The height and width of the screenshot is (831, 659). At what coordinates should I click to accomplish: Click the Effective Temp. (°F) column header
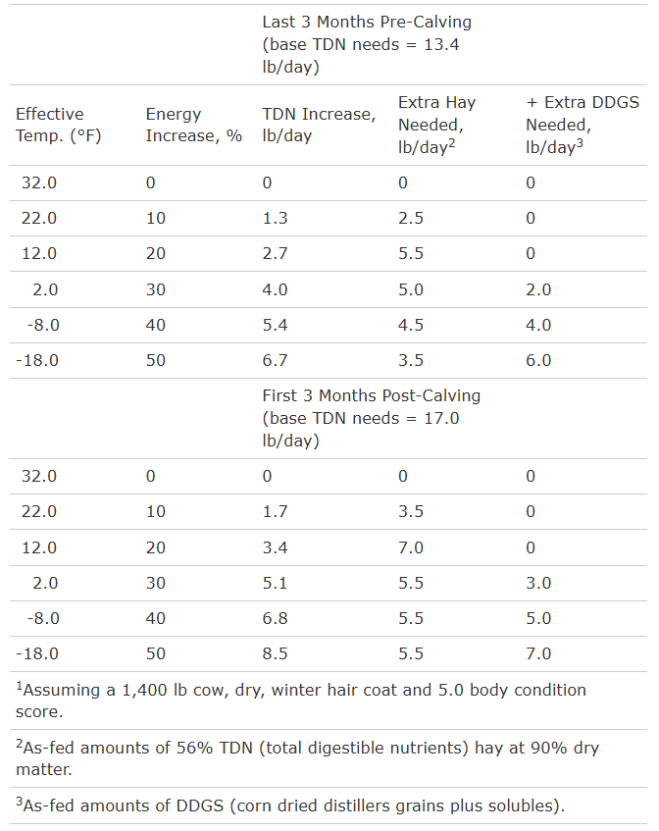(50, 125)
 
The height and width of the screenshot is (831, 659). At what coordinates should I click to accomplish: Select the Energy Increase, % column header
(193, 125)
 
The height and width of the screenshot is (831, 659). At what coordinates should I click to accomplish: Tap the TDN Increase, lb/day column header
(318, 125)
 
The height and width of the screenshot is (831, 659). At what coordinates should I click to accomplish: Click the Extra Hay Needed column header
(431, 125)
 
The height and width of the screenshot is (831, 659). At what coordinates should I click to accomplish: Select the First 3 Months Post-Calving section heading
(372, 418)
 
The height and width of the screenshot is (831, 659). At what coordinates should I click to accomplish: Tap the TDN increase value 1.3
(275, 218)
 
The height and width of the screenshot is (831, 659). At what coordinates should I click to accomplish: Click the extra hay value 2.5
(410, 218)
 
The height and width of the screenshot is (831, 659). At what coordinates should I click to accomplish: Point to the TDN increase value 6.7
(275, 360)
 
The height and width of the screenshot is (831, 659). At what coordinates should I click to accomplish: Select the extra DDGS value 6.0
(538, 360)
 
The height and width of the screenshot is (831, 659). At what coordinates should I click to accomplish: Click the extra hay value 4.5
(410, 325)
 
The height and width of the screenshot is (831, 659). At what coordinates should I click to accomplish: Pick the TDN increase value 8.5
(275, 653)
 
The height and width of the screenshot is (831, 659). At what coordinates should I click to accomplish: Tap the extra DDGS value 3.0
(538, 583)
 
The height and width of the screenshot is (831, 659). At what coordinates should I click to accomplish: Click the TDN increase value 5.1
(275, 583)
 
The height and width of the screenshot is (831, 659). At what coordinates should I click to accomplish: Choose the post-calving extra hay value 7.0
(410, 547)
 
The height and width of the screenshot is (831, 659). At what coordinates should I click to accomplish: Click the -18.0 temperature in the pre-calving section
(37, 360)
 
